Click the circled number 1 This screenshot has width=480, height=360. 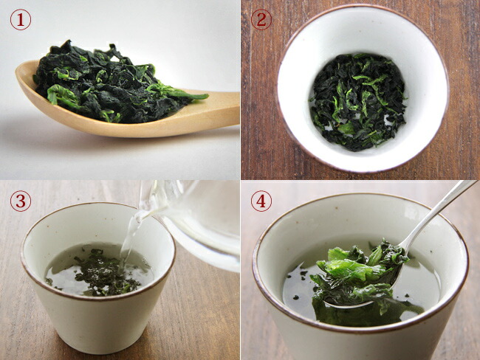(x=21, y=20)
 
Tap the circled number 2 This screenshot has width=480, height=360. (x=261, y=20)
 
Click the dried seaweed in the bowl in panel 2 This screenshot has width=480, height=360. (x=357, y=102)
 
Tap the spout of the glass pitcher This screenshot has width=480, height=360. (x=147, y=211)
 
